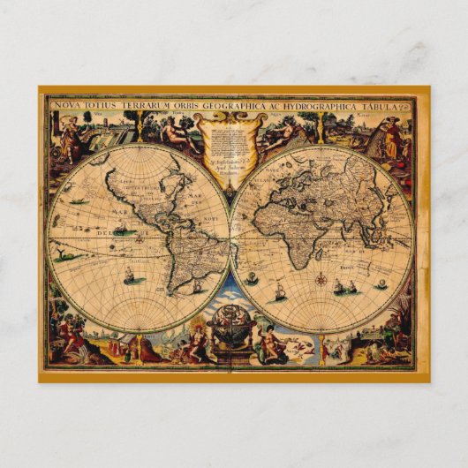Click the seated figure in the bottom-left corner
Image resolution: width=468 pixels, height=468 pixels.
click(x=71, y=336)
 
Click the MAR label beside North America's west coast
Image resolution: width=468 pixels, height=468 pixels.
click(x=116, y=212)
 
